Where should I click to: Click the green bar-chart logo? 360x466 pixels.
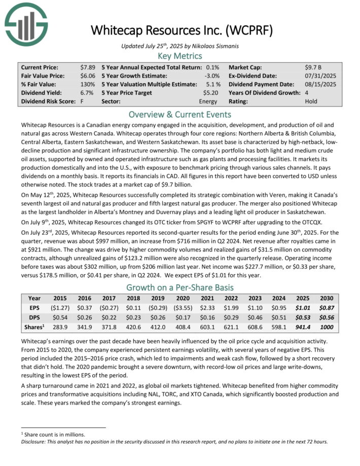[26, 24]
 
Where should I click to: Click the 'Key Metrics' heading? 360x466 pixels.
[179, 56]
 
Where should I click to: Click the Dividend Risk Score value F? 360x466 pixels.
[82, 101]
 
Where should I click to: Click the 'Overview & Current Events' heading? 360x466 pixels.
[179, 114]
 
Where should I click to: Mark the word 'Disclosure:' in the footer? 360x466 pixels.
[36, 441]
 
